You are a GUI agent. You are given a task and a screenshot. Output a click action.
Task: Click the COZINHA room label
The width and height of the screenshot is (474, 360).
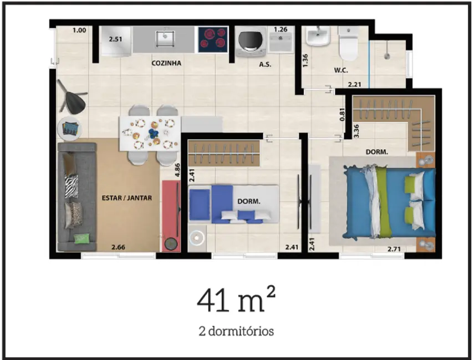(166, 63)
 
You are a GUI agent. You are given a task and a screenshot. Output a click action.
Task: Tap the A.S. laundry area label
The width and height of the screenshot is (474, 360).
(265, 64)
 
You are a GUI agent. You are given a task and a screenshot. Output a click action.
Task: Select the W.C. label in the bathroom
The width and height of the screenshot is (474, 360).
(340, 70)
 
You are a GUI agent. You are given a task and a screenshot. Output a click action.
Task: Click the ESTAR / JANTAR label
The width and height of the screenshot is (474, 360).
(127, 197)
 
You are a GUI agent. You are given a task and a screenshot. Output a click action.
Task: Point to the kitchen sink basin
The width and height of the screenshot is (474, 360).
(165, 39)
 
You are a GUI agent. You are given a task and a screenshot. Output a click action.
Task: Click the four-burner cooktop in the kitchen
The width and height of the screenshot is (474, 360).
(212, 39)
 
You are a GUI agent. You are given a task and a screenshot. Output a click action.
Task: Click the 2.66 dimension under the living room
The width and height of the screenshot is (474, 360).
(118, 247)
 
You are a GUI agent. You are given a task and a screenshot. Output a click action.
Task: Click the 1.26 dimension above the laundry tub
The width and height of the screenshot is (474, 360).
(281, 29)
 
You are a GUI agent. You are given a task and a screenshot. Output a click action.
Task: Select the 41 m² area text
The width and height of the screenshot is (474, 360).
(236, 301)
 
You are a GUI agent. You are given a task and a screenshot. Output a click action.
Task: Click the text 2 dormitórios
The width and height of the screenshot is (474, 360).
(236, 331)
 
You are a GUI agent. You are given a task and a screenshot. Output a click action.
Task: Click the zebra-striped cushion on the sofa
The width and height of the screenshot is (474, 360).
(72, 186)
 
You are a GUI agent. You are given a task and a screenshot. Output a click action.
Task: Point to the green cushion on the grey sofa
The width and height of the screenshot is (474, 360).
(80, 238)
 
